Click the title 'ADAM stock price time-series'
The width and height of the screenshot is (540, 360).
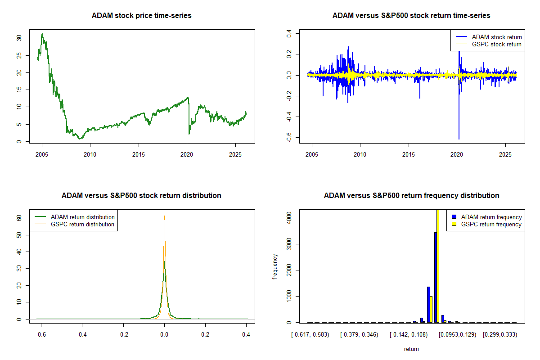141,16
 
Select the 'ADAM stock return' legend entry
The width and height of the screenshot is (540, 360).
497,37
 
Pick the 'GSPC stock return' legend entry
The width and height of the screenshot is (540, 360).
497,45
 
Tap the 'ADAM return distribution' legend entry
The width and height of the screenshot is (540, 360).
83,217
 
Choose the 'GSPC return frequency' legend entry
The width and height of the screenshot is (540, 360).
491,224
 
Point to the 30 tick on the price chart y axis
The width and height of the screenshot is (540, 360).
18,38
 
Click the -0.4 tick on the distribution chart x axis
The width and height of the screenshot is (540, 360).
81,335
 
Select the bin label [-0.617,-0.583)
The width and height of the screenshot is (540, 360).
310,335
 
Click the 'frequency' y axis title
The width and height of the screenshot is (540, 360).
275,267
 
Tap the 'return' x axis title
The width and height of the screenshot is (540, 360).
411,349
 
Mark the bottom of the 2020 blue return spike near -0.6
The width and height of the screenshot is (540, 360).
459,139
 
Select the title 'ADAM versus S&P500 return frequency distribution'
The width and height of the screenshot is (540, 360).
411,196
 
